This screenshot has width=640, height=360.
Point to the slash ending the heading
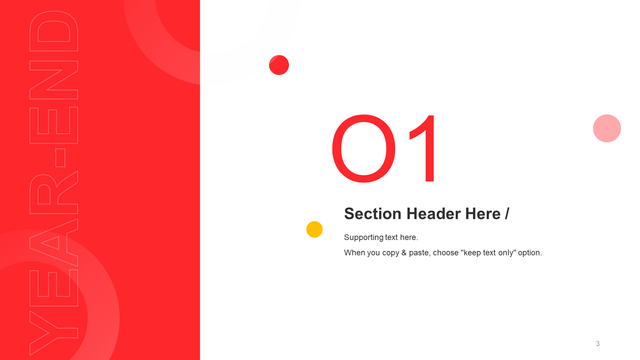(507, 214)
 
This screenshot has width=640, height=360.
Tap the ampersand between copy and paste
(404, 253)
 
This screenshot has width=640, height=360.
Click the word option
(530, 253)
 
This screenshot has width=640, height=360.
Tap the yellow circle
(314, 229)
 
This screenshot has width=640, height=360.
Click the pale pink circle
(607, 128)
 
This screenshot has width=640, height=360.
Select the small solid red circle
(279, 65)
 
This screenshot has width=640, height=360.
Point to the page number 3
(598, 344)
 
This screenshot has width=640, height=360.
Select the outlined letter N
(53, 80)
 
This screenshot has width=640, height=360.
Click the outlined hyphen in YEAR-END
(60, 158)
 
